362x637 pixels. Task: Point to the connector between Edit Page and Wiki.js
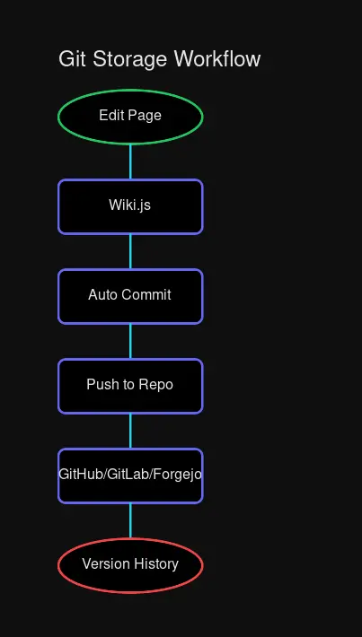point(130,161)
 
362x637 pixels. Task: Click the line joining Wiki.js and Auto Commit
point(130,251)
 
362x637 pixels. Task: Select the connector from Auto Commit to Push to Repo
point(130,341)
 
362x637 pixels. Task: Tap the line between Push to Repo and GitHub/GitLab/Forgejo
point(130,431)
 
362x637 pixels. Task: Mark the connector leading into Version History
point(130,520)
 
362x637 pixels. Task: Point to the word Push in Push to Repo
point(101,384)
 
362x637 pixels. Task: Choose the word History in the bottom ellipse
point(155,563)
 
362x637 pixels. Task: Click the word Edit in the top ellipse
point(111,115)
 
